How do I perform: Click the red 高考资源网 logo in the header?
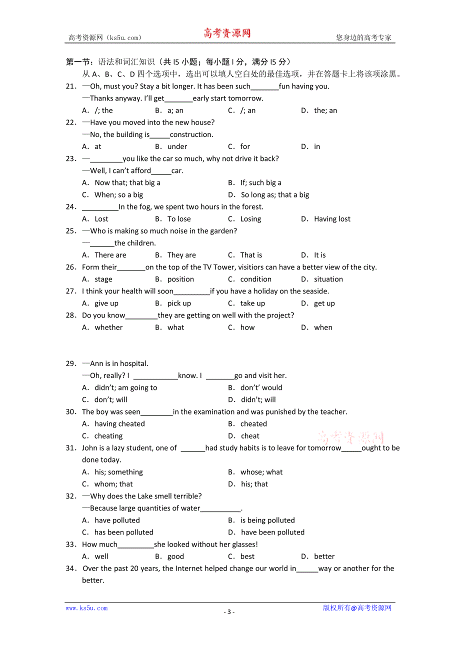click(226, 33)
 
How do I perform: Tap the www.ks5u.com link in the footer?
click(86, 608)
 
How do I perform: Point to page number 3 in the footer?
click(229, 611)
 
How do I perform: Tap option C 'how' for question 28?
click(247, 327)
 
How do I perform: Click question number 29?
click(71, 363)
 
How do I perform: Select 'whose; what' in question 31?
click(261, 472)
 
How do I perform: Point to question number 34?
click(71, 568)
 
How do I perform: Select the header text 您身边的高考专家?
click(363, 37)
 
